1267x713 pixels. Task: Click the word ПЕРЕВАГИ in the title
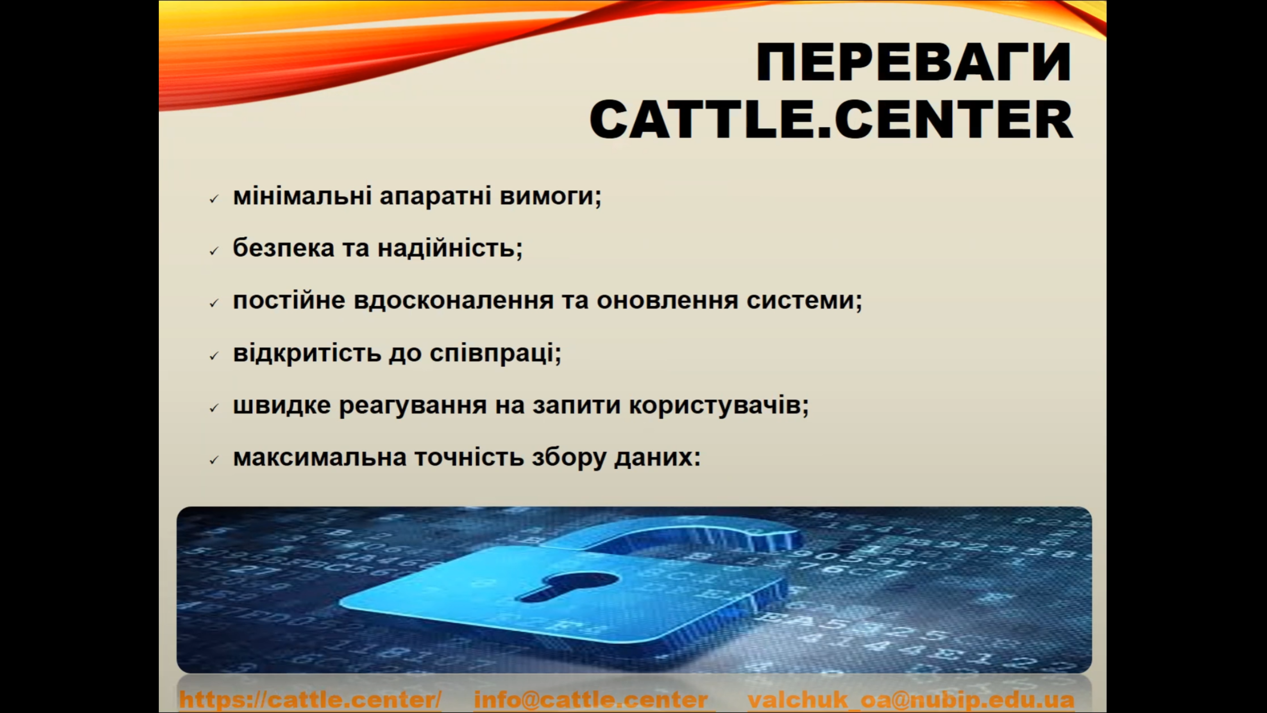pyautogui.click(x=914, y=62)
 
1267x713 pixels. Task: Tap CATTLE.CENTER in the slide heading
pyautogui.click(x=831, y=120)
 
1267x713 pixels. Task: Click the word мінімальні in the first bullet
pyautogui.click(x=302, y=196)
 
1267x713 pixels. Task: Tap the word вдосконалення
pyautogui.click(x=453, y=301)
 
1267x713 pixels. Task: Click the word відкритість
pyautogui.click(x=307, y=353)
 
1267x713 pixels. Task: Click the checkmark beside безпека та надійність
pyautogui.click(x=214, y=252)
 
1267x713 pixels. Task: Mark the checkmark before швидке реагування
pyautogui.click(x=214, y=408)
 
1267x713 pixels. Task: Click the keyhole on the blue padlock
pyautogui.click(x=569, y=587)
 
